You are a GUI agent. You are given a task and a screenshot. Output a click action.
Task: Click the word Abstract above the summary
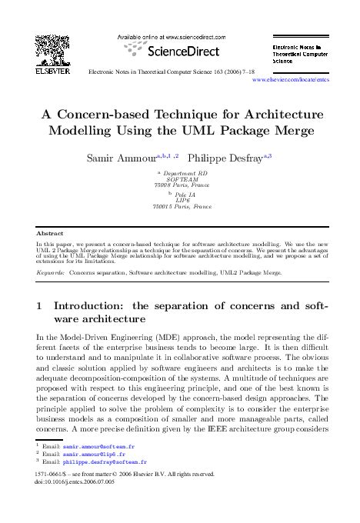50,232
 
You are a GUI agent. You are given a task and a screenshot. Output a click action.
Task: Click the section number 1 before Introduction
39,305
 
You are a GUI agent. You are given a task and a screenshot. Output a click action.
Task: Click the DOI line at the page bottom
73,482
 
